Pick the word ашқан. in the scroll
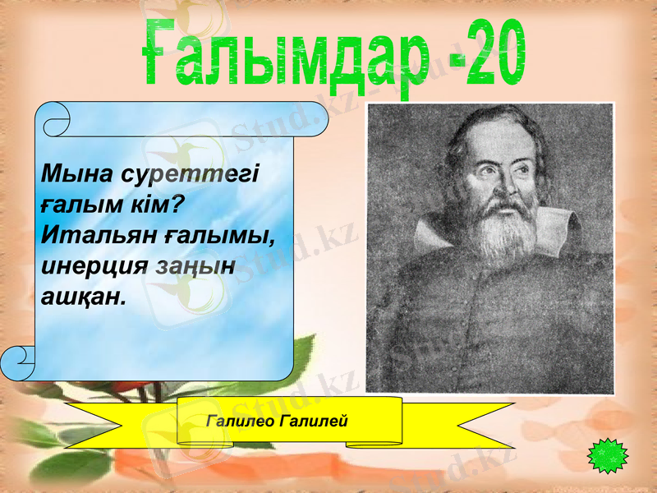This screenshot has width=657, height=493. coord(82,296)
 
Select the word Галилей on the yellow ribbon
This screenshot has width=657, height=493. coord(315,421)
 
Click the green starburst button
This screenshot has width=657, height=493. coord(609,454)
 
